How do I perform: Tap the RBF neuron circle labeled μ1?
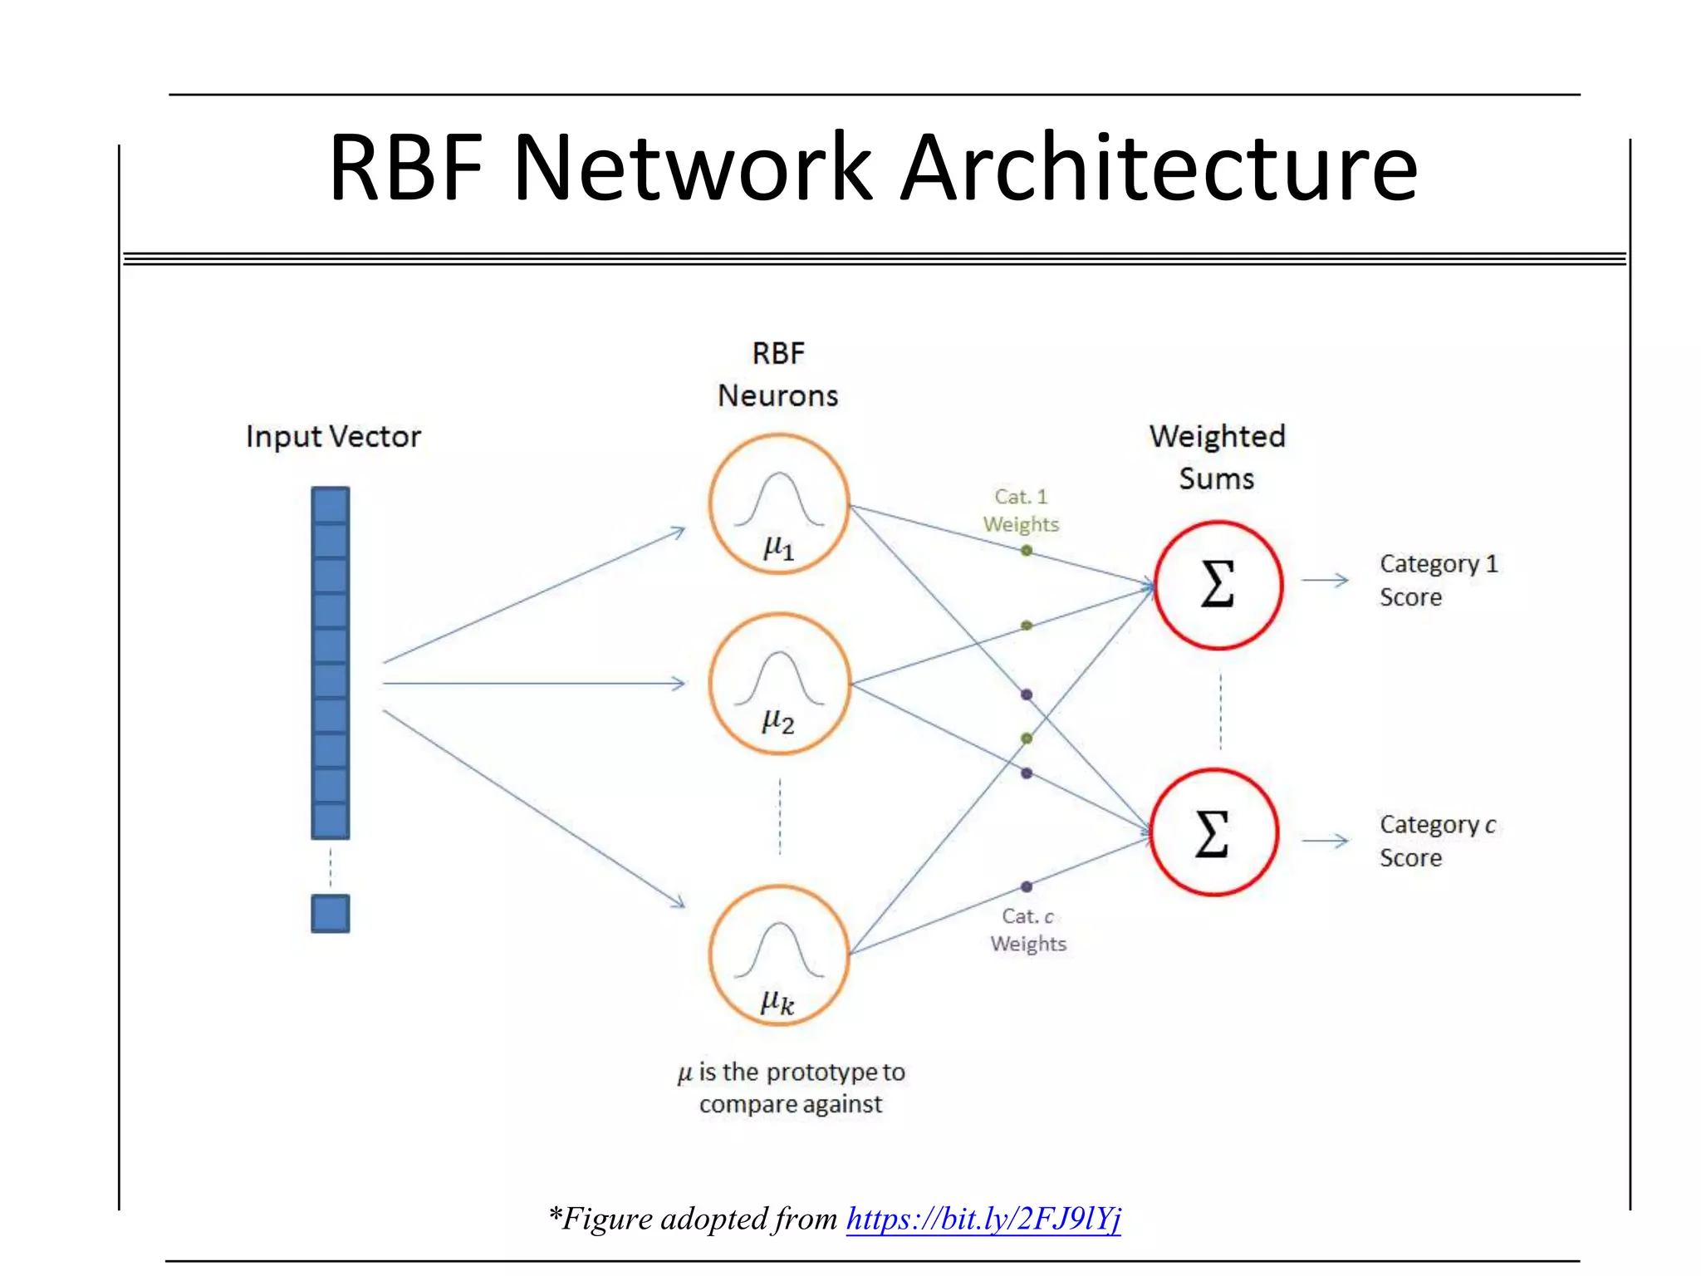point(779,504)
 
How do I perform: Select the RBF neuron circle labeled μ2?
point(779,684)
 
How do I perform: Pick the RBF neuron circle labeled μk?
point(779,955)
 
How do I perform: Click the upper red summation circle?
point(1218,585)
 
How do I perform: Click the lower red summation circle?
point(1213,832)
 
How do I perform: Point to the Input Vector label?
point(333,437)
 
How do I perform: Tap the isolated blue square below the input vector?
point(331,913)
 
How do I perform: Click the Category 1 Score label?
point(1438,580)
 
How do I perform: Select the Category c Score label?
point(1437,841)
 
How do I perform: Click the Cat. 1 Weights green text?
point(1021,510)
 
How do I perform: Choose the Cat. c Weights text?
point(1027,930)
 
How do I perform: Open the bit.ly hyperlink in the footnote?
point(983,1219)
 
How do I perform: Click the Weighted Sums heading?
point(1217,457)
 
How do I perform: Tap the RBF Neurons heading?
point(778,375)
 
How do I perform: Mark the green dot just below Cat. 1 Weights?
point(1027,551)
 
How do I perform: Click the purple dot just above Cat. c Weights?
point(1027,886)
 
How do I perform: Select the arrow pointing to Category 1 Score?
point(1325,580)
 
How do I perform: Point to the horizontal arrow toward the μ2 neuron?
point(533,684)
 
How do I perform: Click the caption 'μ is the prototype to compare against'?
point(791,1087)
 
